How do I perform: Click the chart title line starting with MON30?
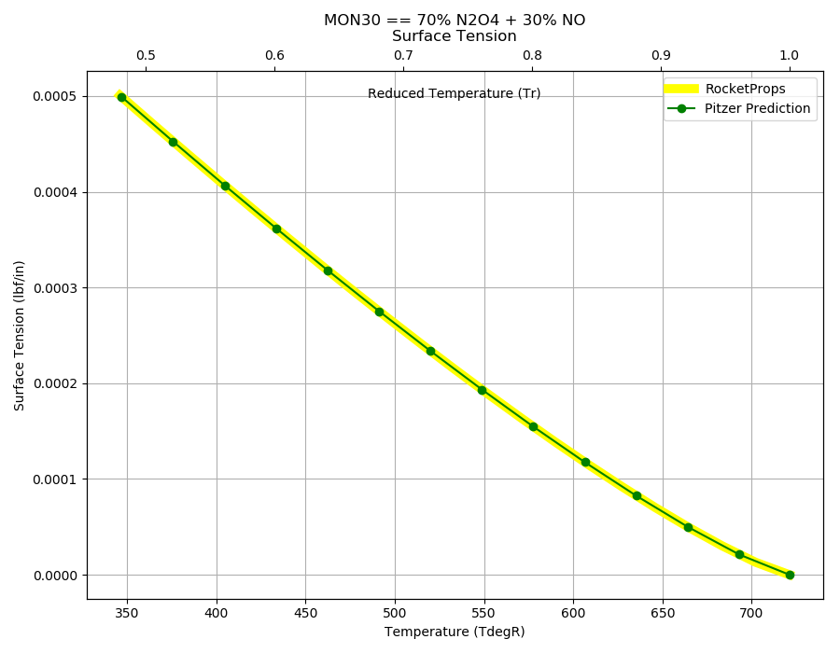[455, 20]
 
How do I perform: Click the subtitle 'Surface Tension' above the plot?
[455, 35]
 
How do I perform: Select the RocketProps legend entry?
[725, 89]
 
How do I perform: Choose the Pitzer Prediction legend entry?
[738, 108]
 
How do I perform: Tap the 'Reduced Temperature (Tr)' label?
[455, 93]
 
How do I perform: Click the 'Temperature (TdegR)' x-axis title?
[455, 632]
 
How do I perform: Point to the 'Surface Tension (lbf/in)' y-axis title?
[20, 336]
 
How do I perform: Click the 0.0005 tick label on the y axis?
[55, 96]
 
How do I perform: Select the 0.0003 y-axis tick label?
[55, 288]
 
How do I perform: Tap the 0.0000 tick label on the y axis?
[55, 576]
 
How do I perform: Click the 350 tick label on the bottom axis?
[127, 613]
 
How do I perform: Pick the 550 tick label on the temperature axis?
[484, 613]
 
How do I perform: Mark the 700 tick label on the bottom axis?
[751, 613]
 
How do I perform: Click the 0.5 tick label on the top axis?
[146, 55]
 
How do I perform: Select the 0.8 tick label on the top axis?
[532, 55]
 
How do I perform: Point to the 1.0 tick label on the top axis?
[789, 55]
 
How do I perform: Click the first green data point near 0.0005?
[121, 97]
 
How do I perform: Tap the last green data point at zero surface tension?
[790, 575]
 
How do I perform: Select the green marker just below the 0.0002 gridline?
[483, 390]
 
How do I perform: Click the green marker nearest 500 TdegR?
[379, 313]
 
